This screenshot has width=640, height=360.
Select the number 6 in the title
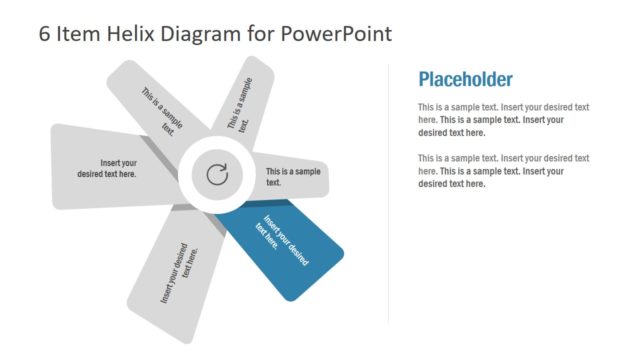pos(45,34)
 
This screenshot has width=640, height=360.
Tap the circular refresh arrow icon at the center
pos(217,176)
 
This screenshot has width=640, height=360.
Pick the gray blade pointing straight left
pos(100,160)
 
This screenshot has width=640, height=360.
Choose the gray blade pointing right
pos(300,177)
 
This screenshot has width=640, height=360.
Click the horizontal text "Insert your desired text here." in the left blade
pos(107,168)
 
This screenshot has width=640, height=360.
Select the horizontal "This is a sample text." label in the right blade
pos(293,177)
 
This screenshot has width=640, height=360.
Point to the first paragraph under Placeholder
pos(503,119)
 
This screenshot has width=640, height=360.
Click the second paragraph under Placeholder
pos(503,171)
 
